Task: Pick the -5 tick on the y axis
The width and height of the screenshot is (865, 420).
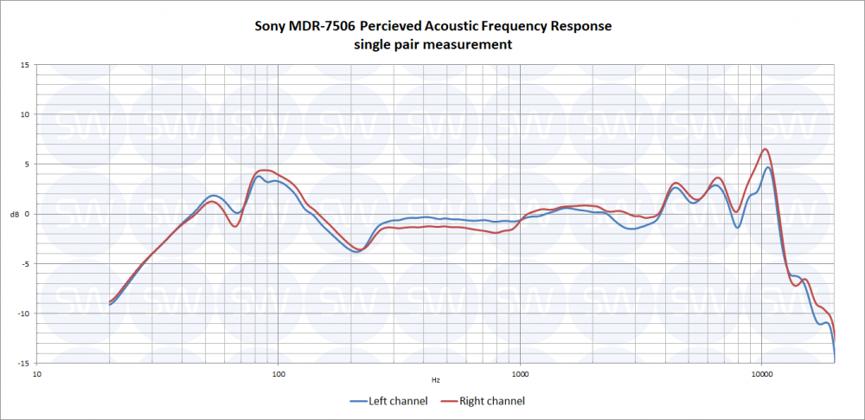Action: pos(26,264)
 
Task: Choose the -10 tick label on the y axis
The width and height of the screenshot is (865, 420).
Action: pos(24,313)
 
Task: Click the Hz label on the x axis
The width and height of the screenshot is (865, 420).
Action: pos(436,380)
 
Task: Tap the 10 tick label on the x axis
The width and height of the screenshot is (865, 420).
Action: pos(37,374)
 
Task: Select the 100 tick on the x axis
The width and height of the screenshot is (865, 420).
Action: pos(279,374)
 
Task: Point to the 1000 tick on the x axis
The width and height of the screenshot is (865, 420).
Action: pos(520,374)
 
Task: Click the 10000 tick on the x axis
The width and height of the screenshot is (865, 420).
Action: pos(761,374)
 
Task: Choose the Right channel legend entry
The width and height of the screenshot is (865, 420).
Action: pos(483,401)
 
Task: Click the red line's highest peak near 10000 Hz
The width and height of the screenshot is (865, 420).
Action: pos(765,149)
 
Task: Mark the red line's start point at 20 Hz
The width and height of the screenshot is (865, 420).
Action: pos(110,301)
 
